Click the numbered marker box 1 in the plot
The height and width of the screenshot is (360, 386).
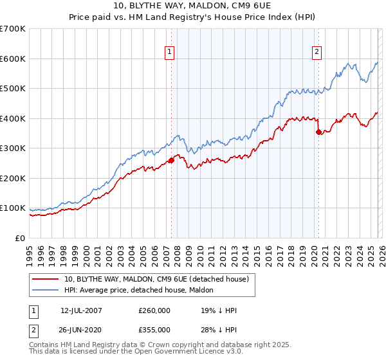[x=170, y=53]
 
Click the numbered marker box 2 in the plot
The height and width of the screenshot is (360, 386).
[x=317, y=53]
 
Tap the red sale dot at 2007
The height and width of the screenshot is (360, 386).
[x=171, y=161]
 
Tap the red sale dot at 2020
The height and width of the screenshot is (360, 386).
[x=318, y=132]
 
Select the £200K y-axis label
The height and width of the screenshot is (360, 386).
[x=13, y=178]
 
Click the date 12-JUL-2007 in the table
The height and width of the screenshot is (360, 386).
[x=82, y=310]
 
